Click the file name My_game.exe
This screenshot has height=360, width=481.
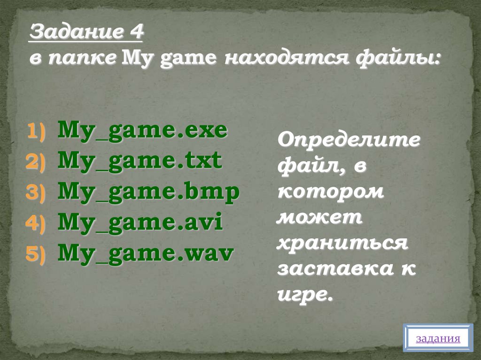tap(143, 131)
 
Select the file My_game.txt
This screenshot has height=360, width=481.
tap(140, 162)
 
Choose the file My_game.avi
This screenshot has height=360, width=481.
tap(140, 223)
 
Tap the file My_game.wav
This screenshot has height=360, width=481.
tap(146, 254)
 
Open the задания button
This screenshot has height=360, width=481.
tap(438, 338)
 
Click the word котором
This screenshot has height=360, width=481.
tap(330, 192)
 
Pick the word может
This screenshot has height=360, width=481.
tap(319, 218)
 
